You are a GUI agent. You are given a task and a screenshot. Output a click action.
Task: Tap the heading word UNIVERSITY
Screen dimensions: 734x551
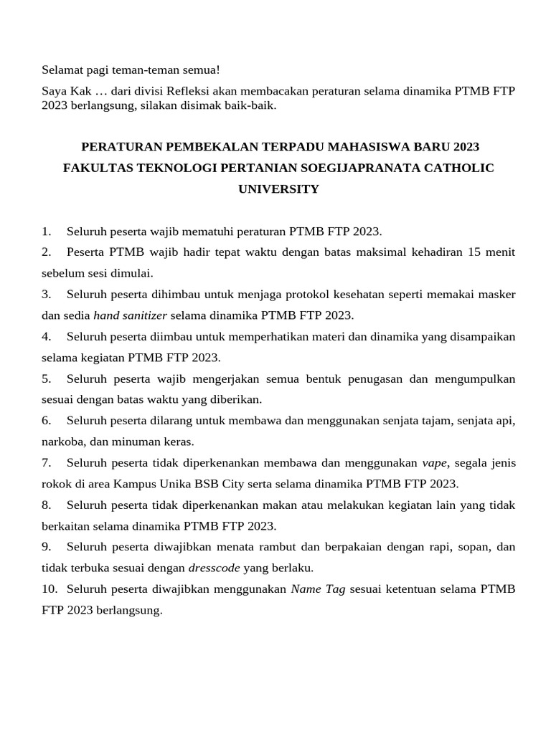tap(278, 189)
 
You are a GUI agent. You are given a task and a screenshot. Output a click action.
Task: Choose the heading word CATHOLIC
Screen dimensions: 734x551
tap(457, 168)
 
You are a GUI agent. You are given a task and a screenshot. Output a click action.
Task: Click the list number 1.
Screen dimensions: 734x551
tap(46, 232)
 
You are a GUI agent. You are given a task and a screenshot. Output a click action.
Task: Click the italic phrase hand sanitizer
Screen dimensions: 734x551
tap(131, 315)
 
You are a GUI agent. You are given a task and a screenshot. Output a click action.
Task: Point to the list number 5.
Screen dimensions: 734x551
tap(46, 378)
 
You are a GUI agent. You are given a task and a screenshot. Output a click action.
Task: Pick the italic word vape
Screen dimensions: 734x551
tap(435, 463)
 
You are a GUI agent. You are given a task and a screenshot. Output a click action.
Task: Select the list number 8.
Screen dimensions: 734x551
tap(46, 505)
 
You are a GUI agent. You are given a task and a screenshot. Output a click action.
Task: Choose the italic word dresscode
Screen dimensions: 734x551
tap(215, 568)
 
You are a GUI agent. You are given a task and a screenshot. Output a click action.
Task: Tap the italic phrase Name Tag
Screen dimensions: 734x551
tap(318, 589)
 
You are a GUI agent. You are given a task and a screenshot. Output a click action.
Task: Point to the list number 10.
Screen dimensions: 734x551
tap(49, 589)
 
